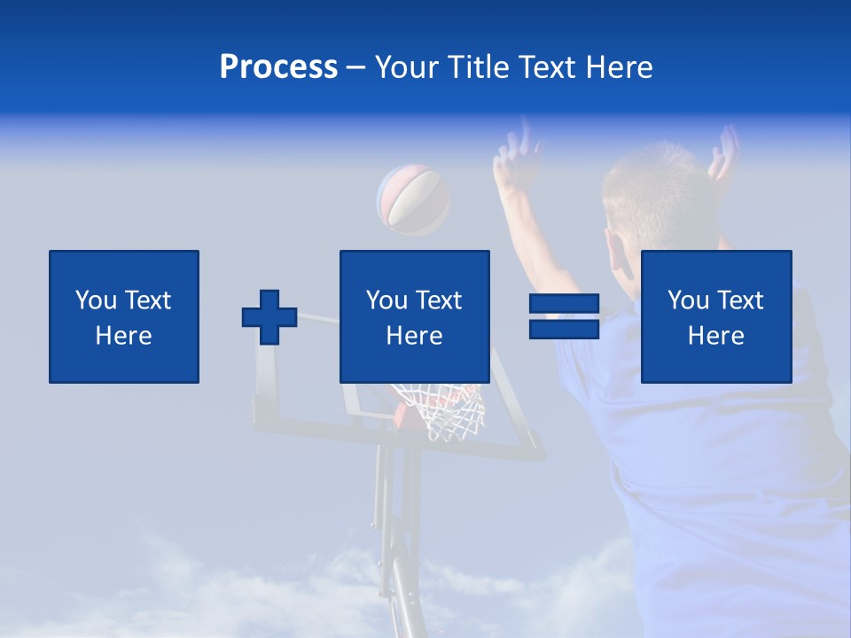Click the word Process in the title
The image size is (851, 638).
click(x=278, y=67)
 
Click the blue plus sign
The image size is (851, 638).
click(x=269, y=317)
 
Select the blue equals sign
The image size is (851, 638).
click(x=564, y=316)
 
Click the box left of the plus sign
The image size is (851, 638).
click(x=124, y=316)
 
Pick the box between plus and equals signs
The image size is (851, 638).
click(x=414, y=316)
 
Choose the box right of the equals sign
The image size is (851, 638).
click(x=715, y=316)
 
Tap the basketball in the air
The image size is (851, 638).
click(x=413, y=200)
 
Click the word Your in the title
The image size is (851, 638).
click(x=407, y=67)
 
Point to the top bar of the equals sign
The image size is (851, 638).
click(x=564, y=304)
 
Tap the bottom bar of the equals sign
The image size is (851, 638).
click(x=564, y=329)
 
